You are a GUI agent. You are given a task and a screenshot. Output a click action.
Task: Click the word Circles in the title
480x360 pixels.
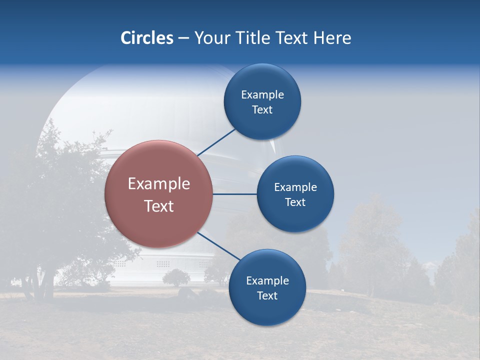[x=146, y=38]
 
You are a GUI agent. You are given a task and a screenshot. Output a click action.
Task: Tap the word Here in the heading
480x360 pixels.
[x=332, y=38]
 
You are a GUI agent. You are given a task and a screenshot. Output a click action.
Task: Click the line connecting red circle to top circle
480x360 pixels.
[x=216, y=142]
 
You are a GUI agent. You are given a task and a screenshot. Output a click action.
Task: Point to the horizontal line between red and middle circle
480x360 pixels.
[x=234, y=194]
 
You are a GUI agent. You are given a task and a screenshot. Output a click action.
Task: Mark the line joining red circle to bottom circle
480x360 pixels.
[x=218, y=246]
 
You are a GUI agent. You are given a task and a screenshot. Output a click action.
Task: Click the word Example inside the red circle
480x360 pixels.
[x=159, y=184]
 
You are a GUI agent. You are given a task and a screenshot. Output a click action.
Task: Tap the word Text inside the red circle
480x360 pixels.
[x=159, y=206]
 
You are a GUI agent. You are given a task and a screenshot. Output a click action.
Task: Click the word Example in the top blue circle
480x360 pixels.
[x=262, y=95]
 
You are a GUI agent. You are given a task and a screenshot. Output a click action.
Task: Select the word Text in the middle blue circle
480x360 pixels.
[x=295, y=202]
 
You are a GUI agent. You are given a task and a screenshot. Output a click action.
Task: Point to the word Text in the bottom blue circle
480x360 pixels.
[x=267, y=295]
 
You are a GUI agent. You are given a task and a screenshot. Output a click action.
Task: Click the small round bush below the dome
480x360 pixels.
[x=176, y=277]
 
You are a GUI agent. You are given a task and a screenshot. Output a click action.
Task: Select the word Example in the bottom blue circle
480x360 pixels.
[x=267, y=280]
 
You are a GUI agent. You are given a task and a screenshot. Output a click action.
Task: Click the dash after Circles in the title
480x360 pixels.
[x=183, y=38]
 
